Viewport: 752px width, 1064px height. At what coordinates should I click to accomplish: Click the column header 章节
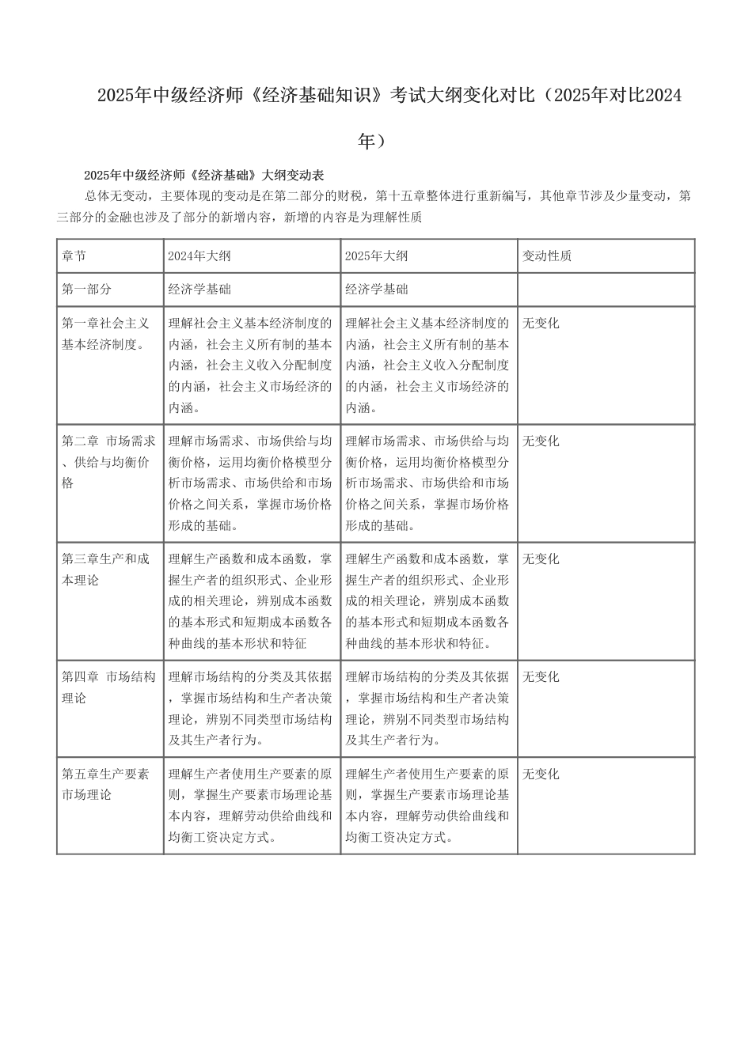tap(74, 256)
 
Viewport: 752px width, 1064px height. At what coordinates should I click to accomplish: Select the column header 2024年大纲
tap(199, 256)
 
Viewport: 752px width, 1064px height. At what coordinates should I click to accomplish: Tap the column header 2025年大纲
tap(377, 256)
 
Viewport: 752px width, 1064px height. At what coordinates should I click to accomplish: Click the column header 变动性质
tap(547, 256)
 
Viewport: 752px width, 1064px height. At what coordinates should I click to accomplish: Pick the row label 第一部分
tap(87, 290)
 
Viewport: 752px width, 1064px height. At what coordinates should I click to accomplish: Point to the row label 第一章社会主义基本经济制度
tap(105, 334)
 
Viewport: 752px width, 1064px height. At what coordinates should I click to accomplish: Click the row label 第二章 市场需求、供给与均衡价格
tap(108, 462)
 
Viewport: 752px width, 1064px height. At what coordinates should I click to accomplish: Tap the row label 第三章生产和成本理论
tap(105, 570)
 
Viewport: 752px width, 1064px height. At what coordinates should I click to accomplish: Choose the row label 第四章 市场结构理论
tap(108, 687)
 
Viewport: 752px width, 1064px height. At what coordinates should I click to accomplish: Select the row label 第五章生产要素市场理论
tap(105, 785)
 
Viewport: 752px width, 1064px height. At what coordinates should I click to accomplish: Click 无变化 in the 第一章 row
tap(541, 324)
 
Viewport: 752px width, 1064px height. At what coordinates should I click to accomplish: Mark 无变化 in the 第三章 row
tap(541, 559)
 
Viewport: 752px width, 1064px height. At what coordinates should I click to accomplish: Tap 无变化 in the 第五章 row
tap(541, 774)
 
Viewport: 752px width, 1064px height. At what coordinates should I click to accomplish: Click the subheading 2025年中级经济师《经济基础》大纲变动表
tap(203, 175)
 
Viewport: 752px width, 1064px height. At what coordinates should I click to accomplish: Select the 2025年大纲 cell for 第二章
tap(427, 483)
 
